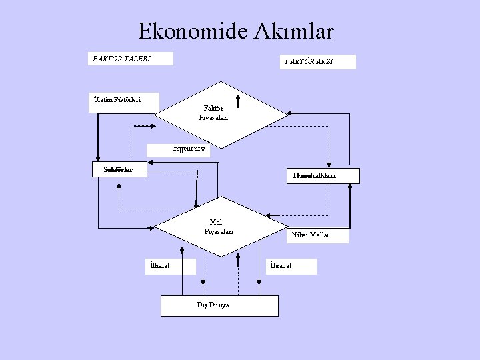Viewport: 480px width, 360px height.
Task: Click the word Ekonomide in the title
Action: [x=193, y=31]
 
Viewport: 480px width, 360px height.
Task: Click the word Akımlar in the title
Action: [x=295, y=31]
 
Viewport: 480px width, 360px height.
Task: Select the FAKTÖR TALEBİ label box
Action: [x=132, y=59]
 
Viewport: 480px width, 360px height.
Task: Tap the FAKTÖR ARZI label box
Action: [x=317, y=62]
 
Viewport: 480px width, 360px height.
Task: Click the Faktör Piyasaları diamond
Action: [x=213, y=113]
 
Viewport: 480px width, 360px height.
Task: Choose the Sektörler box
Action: [x=118, y=169]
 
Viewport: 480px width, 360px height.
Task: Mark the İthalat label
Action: [x=171, y=266]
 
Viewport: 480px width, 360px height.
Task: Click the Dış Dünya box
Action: [x=219, y=305]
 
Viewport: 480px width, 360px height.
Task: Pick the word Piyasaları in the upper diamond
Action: [x=213, y=118]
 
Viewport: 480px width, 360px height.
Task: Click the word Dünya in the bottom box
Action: [x=221, y=305]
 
